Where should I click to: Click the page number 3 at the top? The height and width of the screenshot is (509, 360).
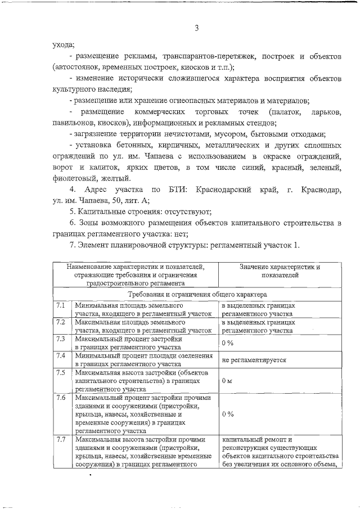click(x=197, y=29)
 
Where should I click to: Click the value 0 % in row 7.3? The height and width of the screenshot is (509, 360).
click(x=227, y=344)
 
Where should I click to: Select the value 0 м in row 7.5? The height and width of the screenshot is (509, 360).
click(x=227, y=381)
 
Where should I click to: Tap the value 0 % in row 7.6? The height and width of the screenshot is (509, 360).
click(x=227, y=414)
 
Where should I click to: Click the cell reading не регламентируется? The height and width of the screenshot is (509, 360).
click(x=254, y=360)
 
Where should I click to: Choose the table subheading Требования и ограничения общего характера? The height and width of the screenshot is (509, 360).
click(x=197, y=294)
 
